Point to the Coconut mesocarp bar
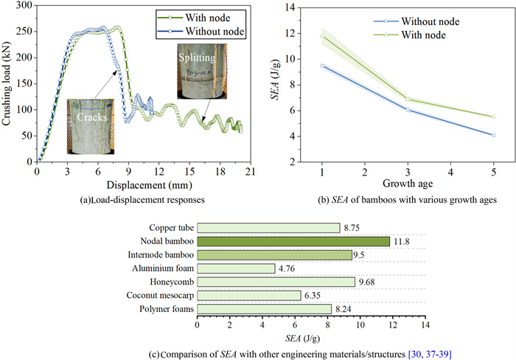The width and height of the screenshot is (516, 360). click(249, 295)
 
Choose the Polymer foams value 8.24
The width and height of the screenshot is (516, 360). click(343, 309)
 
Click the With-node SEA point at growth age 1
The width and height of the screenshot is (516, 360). click(322, 35)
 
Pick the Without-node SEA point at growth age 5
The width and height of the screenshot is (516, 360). click(493, 135)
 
